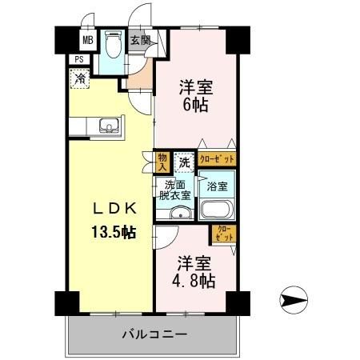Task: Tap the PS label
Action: click(x=80, y=59)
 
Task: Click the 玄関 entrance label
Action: click(x=139, y=40)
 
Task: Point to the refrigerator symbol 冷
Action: click(x=80, y=78)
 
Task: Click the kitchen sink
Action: click(x=109, y=125)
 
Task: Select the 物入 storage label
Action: click(x=162, y=162)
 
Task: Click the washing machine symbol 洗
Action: click(x=185, y=162)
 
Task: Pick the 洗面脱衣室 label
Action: click(x=174, y=189)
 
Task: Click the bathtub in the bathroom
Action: click(x=217, y=210)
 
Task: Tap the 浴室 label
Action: click(x=217, y=187)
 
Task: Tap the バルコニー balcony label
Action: click(x=154, y=334)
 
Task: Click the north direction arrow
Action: click(x=294, y=302)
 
